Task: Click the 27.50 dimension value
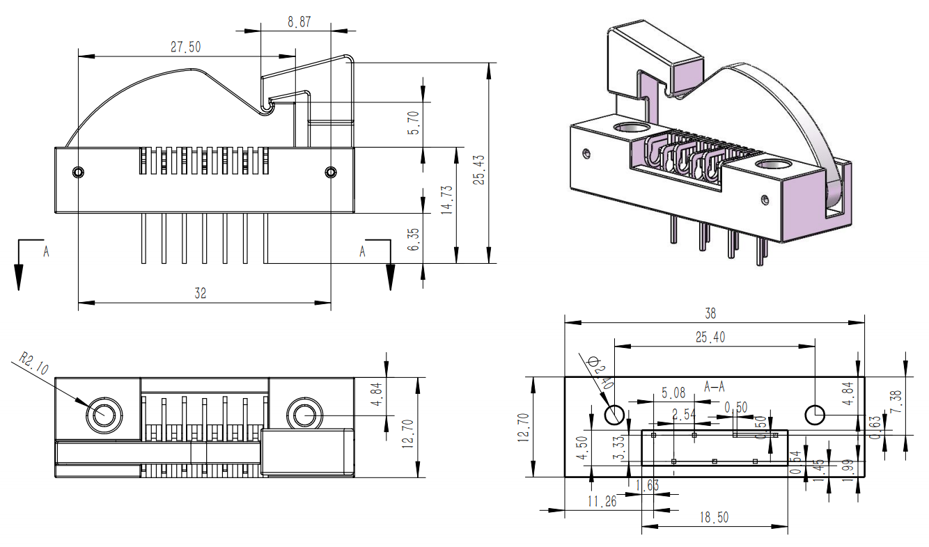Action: click(x=186, y=47)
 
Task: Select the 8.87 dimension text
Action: click(x=299, y=22)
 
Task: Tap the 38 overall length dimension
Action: click(x=710, y=314)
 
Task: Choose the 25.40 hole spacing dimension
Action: click(x=710, y=338)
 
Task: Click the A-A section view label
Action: click(x=715, y=385)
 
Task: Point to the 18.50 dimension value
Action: click(x=715, y=518)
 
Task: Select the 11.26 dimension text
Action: click(x=602, y=501)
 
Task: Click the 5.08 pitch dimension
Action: click(x=673, y=393)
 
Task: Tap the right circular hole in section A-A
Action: click(x=815, y=415)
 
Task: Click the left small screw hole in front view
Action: click(x=79, y=172)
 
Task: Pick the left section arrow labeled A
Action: click(x=19, y=264)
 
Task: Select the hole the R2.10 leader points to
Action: click(x=102, y=414)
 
